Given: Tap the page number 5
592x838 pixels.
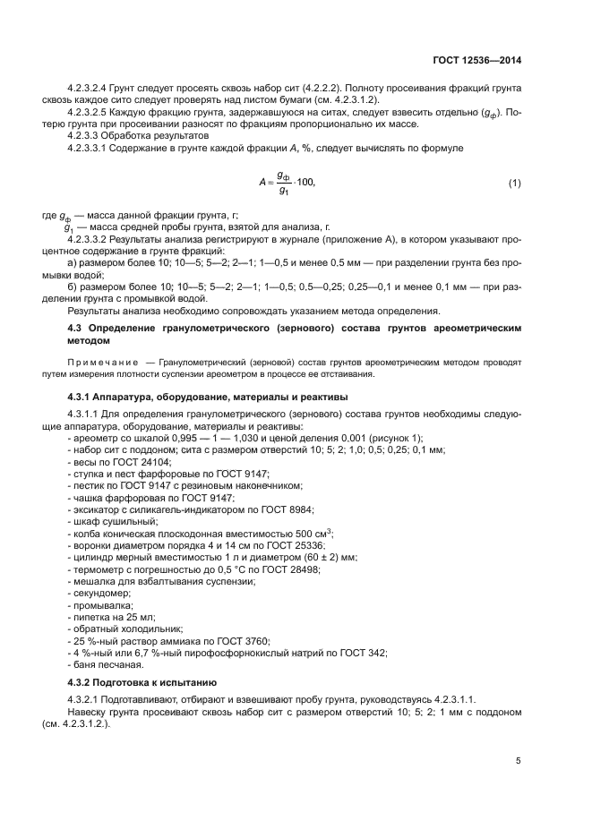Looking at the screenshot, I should pyautogui.click(x=519, y=761).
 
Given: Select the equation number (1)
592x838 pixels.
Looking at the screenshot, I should pyautogui.click(x=514, y=184).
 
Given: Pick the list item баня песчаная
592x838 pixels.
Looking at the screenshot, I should pyautogui.click(x=107, y=664).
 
